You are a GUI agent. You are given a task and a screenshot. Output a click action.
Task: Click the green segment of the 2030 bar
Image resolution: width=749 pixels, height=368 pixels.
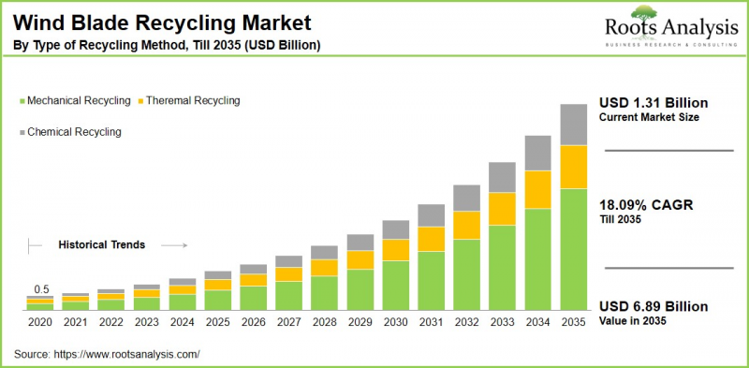pyautogui.click(x=395, y=285)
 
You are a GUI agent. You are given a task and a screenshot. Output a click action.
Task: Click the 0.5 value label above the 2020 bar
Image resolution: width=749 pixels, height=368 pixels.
pyautogui.click(x=41, y=289)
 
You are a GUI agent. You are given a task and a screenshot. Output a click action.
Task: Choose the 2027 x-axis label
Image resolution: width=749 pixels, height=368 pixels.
pyautogui.click(x=289, y=322)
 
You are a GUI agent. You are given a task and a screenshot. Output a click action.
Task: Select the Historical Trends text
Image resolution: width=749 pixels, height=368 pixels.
pyautogui.click(x=101, y=244)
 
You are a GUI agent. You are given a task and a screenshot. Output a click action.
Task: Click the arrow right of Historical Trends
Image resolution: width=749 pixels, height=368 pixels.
pyautogui.click(x=175, y=245)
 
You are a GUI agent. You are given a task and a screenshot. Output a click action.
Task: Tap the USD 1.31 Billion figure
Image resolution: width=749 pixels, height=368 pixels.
pyautogui.click(x=654, y=103)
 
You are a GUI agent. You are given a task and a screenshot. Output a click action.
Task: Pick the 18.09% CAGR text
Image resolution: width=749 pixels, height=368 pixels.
pyautogui.click(x=646, y=205)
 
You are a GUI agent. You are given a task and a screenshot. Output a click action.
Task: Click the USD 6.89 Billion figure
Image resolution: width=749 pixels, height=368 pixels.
pyautogui.click(x=654, y=307)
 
